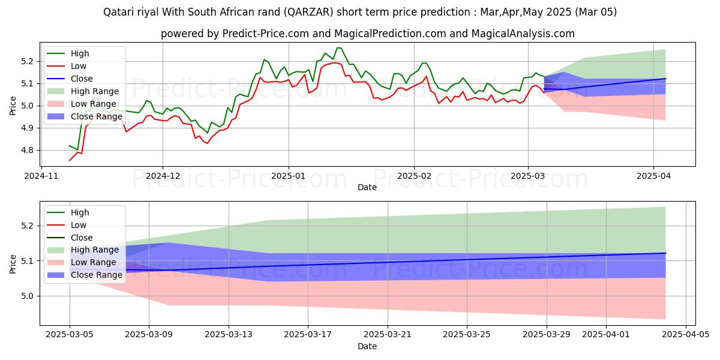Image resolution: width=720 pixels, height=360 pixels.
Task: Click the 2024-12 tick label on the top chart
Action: coord(163,176)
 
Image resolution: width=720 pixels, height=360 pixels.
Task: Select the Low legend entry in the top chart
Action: coord(79,66)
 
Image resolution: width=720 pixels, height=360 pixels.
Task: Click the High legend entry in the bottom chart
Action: coord(80,212)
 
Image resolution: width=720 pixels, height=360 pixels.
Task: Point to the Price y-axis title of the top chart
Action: coord(13,106)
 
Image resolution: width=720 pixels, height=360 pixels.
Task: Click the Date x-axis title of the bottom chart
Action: coord(367,346)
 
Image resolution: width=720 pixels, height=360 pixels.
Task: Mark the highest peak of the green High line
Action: coord(338,48)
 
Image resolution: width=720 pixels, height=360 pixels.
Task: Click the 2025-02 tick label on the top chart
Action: coord(413,176)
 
